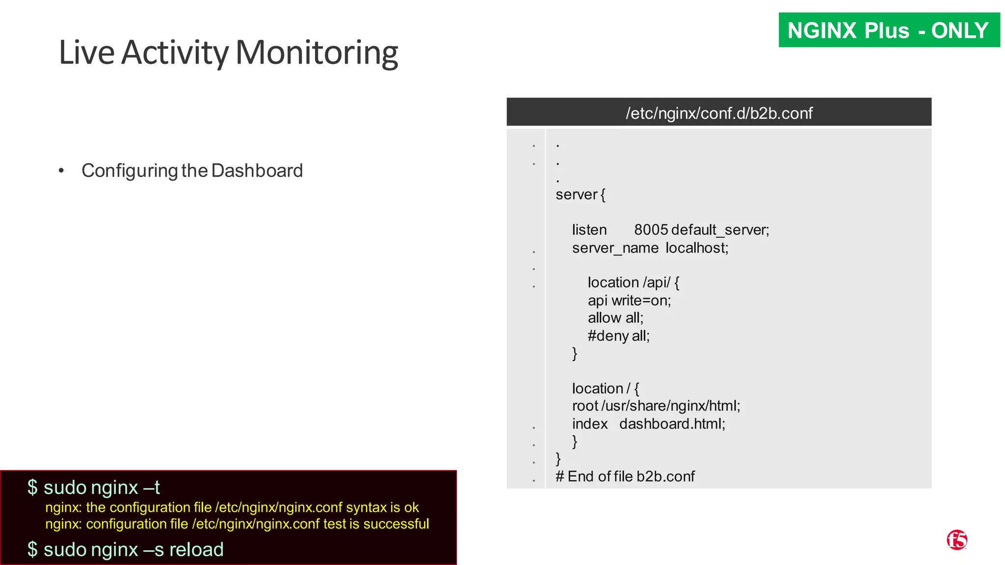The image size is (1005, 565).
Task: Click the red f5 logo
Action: click(956, 540)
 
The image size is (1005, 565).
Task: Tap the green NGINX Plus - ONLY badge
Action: click(889, 30)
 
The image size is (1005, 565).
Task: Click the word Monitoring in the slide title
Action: click(317, 53)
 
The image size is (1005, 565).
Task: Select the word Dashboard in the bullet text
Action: click(257, 171)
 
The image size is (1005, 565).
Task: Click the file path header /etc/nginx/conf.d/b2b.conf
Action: click(719, 113)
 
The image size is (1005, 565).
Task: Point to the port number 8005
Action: click(651, 230)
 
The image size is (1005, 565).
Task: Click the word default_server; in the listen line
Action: click(720, 230)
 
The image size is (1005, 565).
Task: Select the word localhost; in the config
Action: click(697, 248)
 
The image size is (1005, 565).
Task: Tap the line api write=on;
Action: click(629, 300)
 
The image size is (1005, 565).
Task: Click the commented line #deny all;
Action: click(618, 336)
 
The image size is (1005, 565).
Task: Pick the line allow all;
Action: click(615, 318)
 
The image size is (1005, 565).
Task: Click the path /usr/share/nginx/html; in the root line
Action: click(671, 406)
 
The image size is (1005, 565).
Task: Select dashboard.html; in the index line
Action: click(672, 424)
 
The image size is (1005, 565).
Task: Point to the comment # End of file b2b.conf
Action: click(625, 476)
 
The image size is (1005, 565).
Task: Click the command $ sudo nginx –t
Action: click(94, 488)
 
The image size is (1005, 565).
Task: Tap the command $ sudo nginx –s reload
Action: click(126, 549)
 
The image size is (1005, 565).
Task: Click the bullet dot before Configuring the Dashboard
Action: click(61, 171)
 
